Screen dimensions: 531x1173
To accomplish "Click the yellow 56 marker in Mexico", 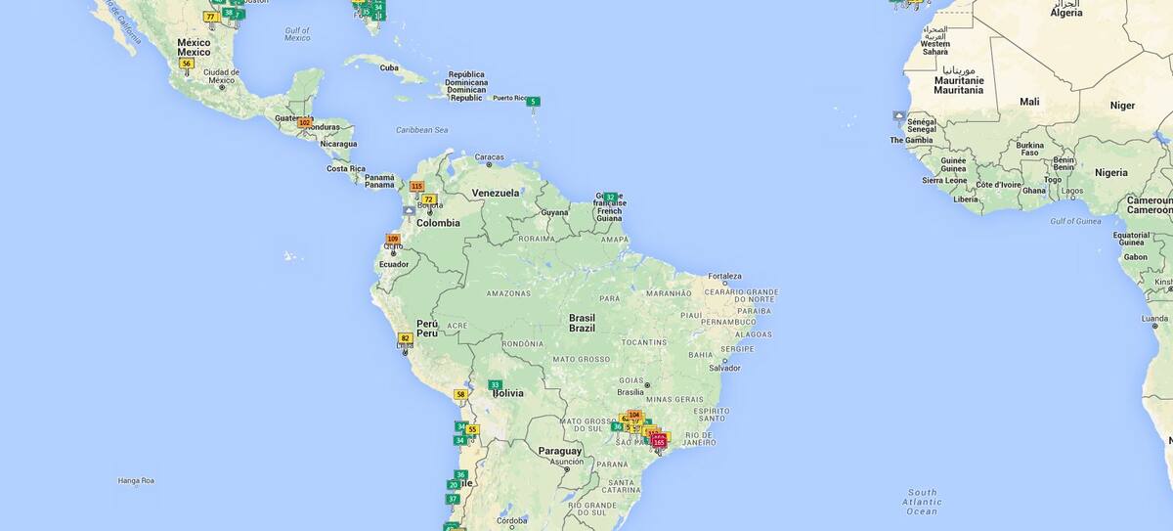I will [186, 64].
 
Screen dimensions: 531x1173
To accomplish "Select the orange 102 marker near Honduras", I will [304, 122].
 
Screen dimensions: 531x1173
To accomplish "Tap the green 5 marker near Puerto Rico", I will [533, 102].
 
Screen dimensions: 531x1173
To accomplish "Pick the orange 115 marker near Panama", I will [416, 186].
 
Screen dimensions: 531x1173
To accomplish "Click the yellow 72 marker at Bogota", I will [428, 199].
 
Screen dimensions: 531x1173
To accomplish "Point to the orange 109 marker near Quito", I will [393, 239].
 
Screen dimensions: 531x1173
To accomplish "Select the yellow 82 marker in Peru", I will [405, 338].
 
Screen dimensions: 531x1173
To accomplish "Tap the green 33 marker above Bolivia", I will [495, 385].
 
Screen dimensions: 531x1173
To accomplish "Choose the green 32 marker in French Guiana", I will [610, 198].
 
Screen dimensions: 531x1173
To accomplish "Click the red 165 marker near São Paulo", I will [659, 443].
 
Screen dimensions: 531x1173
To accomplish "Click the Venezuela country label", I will [496, 193].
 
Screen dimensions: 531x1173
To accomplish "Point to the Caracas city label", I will [489, 156].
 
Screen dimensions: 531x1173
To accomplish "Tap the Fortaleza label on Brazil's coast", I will [725, 276].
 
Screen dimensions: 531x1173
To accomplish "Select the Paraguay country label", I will [560, 451].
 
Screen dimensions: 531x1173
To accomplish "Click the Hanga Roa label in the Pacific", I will [136, 480].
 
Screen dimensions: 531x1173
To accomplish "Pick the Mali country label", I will [1029, 102].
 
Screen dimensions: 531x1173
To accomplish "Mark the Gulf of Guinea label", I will [1076, 221].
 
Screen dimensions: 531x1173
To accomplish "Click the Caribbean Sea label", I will [421, 130].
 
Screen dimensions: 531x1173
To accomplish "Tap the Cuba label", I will [389, 67].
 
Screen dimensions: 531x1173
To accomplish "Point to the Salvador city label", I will [724, 368].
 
